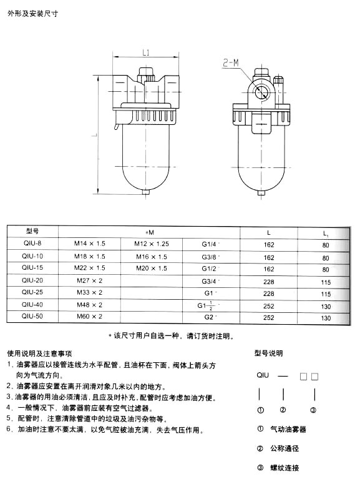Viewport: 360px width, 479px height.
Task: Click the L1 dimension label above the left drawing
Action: pos(146,52)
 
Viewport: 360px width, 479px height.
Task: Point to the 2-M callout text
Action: pos(231,63)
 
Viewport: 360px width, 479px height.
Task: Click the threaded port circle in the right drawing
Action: pos(261,91)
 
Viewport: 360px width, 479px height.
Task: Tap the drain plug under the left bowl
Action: pos(146,193)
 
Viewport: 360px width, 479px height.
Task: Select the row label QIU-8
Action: pos(32,243)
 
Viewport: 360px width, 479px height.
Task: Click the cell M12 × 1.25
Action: pos(152,244)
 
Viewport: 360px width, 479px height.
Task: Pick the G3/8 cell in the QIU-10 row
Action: pos(209,257)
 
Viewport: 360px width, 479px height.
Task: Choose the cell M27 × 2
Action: pos(89,280)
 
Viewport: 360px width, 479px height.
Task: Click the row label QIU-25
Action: pos(32,292)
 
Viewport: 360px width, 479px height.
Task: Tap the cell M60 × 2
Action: pos(89,317)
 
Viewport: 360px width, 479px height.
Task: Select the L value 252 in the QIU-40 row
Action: pos(269,306)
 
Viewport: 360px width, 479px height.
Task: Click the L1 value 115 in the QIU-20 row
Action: pos(326,282)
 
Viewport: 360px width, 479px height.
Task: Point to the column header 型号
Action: pos(32,231)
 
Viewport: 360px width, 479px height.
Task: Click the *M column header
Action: pos(150,232)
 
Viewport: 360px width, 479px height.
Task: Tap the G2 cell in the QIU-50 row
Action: pos(209,317)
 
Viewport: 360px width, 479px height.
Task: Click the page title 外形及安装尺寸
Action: pos(32,14)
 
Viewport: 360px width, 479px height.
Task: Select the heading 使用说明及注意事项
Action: pos(40,353)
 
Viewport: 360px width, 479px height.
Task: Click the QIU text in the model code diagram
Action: pos(263,375)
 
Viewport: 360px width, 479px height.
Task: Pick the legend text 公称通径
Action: pos(285,448)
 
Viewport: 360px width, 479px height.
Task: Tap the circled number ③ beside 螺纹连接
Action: pos(260,467)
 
